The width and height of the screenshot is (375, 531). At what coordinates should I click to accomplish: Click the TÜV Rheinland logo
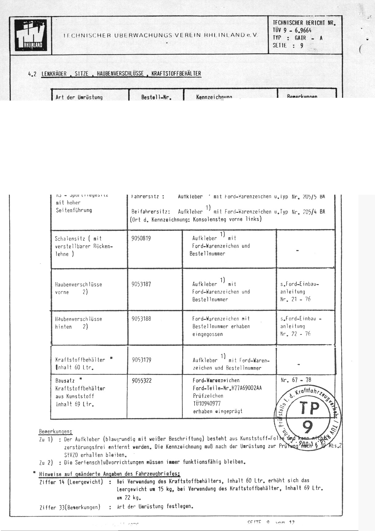(x=31, y=36)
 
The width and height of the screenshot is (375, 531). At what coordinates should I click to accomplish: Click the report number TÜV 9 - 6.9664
(x=292, y=30)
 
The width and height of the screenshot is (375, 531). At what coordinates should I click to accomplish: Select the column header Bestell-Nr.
(x=156, y=97)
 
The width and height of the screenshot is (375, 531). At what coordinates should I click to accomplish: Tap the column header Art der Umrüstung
(x=79, y=97)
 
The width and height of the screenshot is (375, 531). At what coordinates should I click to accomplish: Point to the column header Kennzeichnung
(x=214, y=97)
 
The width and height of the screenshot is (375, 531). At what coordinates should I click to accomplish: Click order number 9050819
(x=141, y=239)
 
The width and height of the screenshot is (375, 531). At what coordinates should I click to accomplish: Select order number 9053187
(x=141, y=284)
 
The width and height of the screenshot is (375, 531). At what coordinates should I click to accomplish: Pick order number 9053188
(x=141, y=319)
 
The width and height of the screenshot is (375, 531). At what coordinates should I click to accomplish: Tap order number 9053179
(x=141, y=360)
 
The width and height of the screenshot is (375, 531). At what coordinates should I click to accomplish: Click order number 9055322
(x=141, y=381)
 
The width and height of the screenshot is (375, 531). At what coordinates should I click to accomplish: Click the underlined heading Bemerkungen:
(x=56, y=431)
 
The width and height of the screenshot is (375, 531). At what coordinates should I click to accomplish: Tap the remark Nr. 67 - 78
(x=296, y=380)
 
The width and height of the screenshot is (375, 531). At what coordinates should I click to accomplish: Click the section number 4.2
(x=32, y=74)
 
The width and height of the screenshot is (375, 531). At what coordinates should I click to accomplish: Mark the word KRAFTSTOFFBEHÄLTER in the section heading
(x=176, y=74)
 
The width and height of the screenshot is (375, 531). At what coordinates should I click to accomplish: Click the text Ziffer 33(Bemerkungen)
(x=70, y=507)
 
